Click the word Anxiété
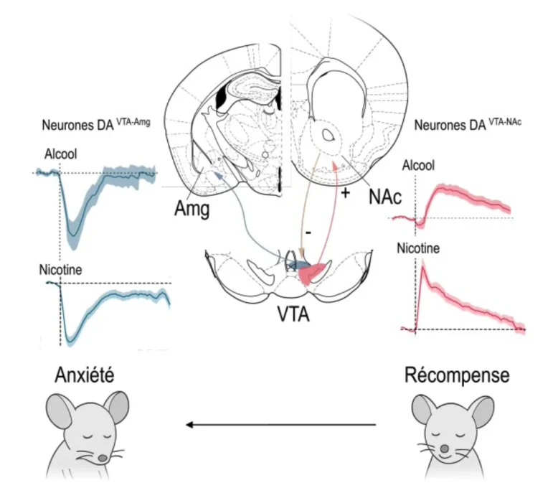point(85,375)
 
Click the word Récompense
point(457,376)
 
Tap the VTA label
point(293,314)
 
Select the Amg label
point(191,208)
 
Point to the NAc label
point(385,196)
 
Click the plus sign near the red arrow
point(345,193)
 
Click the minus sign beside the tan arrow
point(308,233)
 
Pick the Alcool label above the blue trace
point(60,154)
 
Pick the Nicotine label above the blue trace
point(60,270)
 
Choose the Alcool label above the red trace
point(418,166)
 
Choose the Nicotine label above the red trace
point(418,248)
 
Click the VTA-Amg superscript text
point(133,122)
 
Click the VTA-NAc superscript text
point(505,122)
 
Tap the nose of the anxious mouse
point(103,458)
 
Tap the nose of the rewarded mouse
point(445,449)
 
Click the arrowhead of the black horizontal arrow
point(189,425)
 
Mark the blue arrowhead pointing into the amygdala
point(218,175)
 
